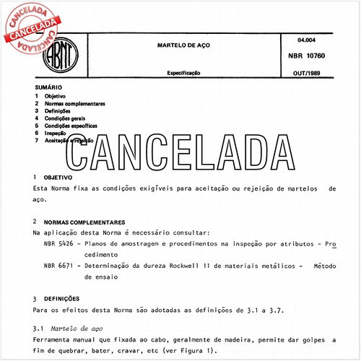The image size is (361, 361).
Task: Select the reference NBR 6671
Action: [58, 266]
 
